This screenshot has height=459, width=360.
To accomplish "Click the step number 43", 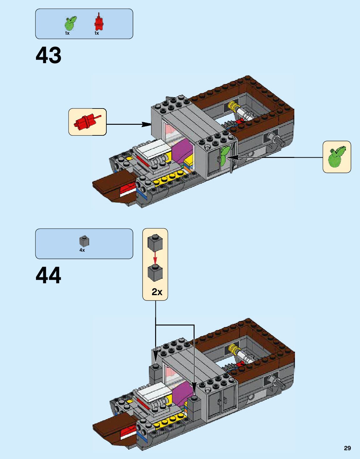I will [48, 55].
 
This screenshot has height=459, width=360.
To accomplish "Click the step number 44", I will [48, 275].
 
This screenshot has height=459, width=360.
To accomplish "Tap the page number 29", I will [347, 448].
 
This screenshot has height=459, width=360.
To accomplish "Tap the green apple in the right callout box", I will [336, 157].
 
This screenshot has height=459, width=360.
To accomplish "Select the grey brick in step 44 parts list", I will [84, 241].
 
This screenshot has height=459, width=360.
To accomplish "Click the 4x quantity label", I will [82, 250].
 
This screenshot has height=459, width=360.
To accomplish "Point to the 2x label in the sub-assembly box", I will [157, 292].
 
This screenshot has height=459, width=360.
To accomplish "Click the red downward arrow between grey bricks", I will [155, 258].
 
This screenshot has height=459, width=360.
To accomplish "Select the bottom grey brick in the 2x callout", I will [155, 273].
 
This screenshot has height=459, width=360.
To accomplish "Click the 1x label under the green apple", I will [67, 33].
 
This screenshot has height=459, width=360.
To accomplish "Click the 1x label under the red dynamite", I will [97, 33].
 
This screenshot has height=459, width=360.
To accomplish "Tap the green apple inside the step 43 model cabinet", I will [224, 156].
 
